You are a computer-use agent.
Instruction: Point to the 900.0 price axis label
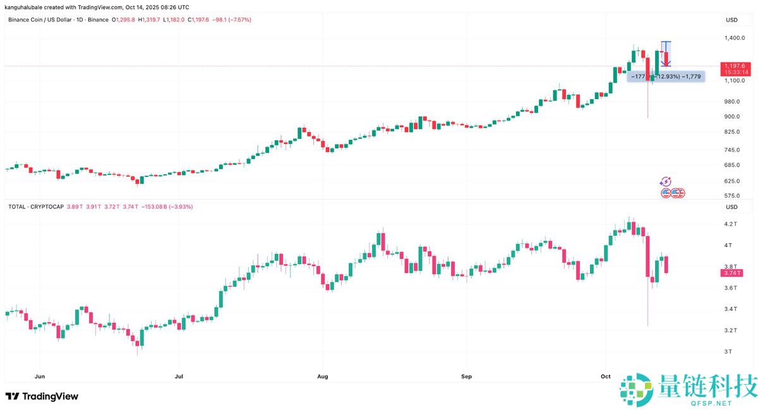pyautogui.click(x=733, y=116)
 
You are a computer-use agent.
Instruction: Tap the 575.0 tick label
pyautogui.click(x=733, y=196)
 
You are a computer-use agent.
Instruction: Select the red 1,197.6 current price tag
pyautogui.click(x=735, y=66)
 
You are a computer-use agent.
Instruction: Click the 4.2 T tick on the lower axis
pyautogui.click(x=731, y=224)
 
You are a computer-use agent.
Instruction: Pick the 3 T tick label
pyautogui.click(x=728, y=351)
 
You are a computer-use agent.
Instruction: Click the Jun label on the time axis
pyautogui.click(x=40, y=377)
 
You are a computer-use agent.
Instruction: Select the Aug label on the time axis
pyautogui.click(x=322, y=377)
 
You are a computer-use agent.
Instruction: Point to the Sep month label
pyautogui.click(x=466, y=377)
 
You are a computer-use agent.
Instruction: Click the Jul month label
pyautogui.click(x=179, y=377)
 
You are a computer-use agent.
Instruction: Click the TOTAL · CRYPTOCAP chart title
pyautogui.click(x=35, y=207)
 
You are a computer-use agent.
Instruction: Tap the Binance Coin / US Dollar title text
pyautogui.click(x=44, y=20)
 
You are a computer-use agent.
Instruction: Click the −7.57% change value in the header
pyautogui.click(x=239, y=20)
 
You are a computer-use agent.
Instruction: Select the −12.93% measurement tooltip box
pyautogui.click(x=665, y=76)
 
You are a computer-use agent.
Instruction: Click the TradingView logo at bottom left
pyautogui.click(x=42, y=396)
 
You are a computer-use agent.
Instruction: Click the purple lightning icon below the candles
pyautogui.click(x=665, y=182)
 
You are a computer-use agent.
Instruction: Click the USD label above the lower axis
pyautogui.click(x=731, y=207)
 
